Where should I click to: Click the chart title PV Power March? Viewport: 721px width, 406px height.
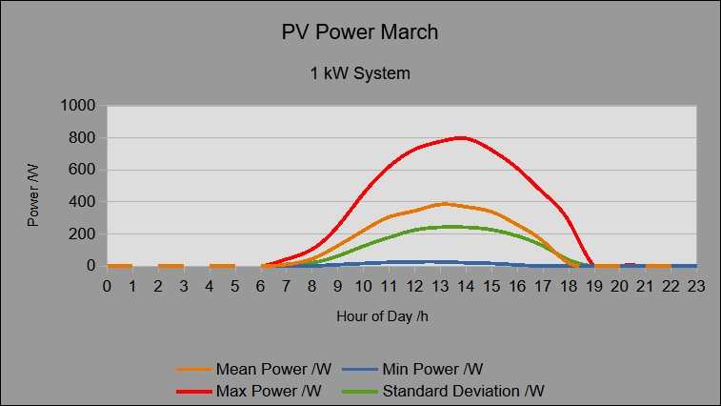click(360, 32)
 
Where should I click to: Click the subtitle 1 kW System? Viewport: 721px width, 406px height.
click(360, 72)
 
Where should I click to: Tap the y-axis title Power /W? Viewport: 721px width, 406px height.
click(33, 194)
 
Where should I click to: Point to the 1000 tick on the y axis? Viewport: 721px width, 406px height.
click(78, 106)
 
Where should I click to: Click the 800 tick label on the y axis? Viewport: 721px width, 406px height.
click(83, 138)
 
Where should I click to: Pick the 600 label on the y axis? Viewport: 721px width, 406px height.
click(83, 171)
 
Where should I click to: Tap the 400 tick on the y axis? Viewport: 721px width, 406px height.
click(83, 202)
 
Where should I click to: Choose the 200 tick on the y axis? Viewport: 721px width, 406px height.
click(83, 234)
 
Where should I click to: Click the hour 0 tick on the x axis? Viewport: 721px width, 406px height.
click(107, 285)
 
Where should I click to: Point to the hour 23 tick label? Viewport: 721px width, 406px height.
click(696, 285)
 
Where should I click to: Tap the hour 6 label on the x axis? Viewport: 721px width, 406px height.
click(261, 285)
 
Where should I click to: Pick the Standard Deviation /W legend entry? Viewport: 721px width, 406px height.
click(463, 391)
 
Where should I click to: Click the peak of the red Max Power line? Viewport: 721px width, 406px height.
click(462, 137)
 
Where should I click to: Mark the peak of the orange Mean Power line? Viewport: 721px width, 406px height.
click(444, 203)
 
